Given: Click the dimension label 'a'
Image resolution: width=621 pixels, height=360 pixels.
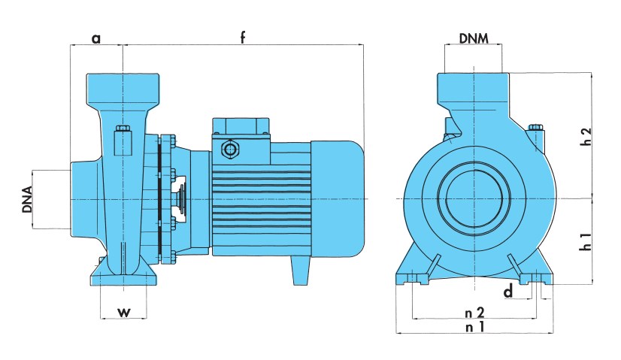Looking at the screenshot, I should coord(96,38).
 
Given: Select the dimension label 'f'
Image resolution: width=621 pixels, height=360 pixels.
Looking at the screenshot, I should coord(243,37).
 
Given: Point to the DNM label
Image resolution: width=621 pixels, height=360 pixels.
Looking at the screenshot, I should coord(474,37).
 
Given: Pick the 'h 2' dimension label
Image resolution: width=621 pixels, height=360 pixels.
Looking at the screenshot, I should coord(588,136).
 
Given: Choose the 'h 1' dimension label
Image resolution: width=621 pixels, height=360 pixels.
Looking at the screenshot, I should coord(588,242).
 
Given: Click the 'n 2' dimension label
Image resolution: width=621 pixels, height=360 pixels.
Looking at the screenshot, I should coord(474,310).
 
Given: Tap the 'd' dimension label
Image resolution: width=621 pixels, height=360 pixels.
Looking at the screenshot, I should coord(508,291).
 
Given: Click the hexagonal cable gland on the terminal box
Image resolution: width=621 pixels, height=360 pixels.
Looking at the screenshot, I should coord(229,150).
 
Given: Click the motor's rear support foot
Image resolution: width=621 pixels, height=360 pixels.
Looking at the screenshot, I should coord(301,271).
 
